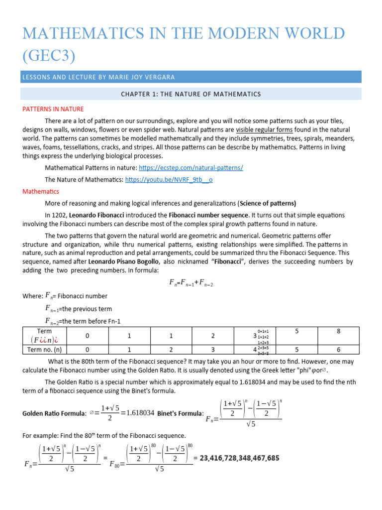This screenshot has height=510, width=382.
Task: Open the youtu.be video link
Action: pos(169,180)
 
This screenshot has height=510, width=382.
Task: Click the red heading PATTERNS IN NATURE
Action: pos(53,109)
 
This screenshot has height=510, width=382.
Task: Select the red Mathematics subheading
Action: pos(41,191)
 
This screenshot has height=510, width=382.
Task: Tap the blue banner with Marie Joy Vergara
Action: pos(191,77)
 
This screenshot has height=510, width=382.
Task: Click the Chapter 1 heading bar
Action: pos(191,94)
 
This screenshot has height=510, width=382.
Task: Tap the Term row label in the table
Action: pos(45,331)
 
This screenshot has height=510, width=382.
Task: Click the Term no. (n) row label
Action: pos(45,350)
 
